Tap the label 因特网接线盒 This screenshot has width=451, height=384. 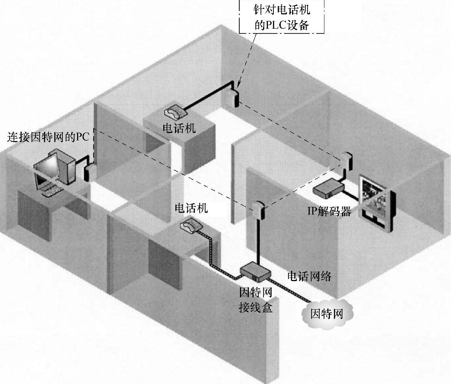point(255,300)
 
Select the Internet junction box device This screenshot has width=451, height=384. point(255,271)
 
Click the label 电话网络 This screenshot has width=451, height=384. point(309,276)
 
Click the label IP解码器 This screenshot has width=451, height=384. point(329,211)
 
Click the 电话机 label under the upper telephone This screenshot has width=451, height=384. point(179,128)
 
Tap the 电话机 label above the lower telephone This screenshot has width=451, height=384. point(191,208)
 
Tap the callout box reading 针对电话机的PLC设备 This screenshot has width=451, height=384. point(282,17)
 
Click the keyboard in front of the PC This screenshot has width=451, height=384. point(51,191)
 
